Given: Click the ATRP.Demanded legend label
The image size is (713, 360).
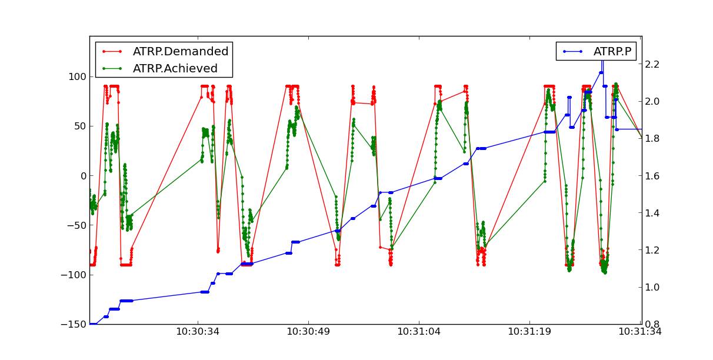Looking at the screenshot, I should (x=180, y=52).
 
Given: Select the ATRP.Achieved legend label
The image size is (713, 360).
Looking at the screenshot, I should (x=175, y=68).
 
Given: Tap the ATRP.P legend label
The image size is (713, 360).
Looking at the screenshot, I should (x=612, y=52).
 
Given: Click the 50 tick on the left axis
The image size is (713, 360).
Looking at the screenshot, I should (x=79, y=126).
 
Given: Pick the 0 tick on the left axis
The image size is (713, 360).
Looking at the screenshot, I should (x=82, y=176).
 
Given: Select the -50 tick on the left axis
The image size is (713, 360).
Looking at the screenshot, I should (x=77, y=225).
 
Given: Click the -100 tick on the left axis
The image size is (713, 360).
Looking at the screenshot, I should (x=75, y=275).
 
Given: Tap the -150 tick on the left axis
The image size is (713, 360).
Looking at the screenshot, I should (x=75, y=324).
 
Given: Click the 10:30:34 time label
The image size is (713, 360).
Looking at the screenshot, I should (x=198, y=332).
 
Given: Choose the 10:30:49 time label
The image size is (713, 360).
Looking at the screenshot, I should (x=308, y=332).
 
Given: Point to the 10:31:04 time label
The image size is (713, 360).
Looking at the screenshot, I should (x=419, y=332).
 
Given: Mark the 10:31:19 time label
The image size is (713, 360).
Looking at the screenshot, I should (x=529, y=332).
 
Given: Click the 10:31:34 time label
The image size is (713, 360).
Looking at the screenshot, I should (x=640, y=332).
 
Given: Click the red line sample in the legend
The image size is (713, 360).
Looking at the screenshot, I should (x=112, y=52).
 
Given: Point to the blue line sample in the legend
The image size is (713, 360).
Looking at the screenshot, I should (x=572, y=52).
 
